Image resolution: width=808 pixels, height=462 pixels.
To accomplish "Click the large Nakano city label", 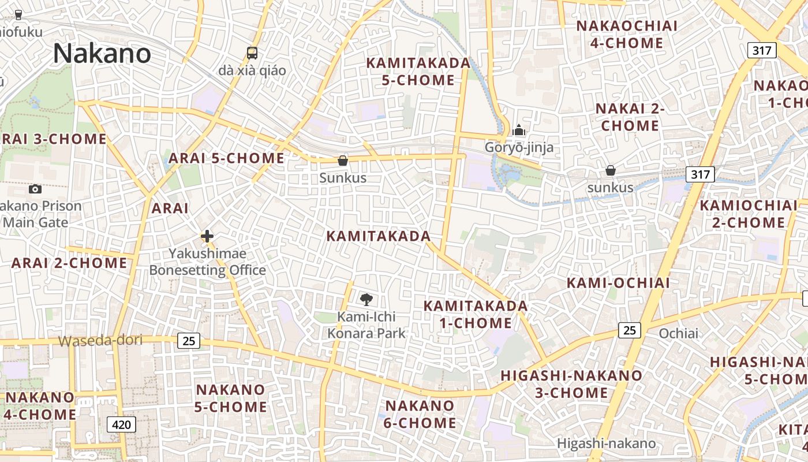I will pyautogui.click(x=102, y=54).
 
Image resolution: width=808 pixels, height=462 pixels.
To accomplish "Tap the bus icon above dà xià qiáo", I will pyautogui.click(x=252, y=53).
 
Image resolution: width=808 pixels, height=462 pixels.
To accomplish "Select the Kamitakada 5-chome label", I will pyautogui.click(x=418, y=72).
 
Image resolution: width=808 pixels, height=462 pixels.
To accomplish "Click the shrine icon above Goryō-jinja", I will pyautogui.click(x=519, y=130).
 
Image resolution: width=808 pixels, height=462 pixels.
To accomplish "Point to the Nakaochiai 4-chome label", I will pyautogui.click(x=627, y=35).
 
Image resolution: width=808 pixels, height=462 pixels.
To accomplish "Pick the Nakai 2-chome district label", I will pyautogui.click(x=630, y=117).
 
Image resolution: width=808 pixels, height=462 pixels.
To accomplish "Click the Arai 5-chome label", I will pyautogui.click(x=226, y=158).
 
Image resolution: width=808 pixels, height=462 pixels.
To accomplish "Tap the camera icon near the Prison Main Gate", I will pyautogui.click(x=35, y=189).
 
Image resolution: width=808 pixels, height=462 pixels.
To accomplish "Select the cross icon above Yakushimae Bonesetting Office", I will pyautogui.click(x=207, y=236).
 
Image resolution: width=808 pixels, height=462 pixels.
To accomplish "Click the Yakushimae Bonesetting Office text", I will pyautogui.click(x=208, y=262).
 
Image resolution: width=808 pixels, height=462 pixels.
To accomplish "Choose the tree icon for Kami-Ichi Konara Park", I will pyautogui.click(x=366, y=299).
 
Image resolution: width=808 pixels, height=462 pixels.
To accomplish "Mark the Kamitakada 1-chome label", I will pyautogui.click(x=476, y=314).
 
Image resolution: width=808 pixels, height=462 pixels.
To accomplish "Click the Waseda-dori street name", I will pyautogui.click(x=100, y=340).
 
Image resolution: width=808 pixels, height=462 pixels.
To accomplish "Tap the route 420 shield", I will pyautogui.click(x=121, y=425).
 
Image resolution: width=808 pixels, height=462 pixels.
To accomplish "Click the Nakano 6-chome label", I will pyautogui.click(x=420, y=414).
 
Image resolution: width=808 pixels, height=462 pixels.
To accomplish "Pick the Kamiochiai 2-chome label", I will pyautogui.click(x=749, y=214).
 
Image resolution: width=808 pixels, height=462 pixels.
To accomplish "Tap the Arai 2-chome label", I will pyautogui.click(x=69, y=263).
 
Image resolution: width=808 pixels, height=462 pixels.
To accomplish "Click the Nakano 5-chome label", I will pyautogui.click(x=230, y=398).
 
